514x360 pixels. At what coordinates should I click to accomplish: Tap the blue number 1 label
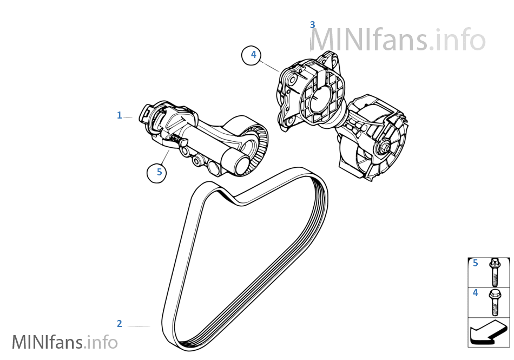pyautogui.click(x=120, y=115)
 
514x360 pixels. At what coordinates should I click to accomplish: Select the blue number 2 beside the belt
pyautogui.click(x=120, y=324)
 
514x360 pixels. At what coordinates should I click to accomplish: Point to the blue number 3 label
pyautogui.click(x=312, y=24)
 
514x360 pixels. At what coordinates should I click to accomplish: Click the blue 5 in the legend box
pyautogui.click(x=476, y=264)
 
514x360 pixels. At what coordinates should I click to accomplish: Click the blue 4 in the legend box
pyautogui.click(x=476, y=293)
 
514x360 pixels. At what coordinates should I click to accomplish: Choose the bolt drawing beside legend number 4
pyautogui.click(x=494, y=303)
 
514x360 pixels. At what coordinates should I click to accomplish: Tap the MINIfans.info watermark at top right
pyautogui.click(x=398, y=40)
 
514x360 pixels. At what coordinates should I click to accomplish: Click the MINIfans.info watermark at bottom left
pyautogui.click(x=64, y=342)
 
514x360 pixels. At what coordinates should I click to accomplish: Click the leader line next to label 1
pyautogui.click(x=128, y=117)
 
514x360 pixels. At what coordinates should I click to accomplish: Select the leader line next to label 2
pyautogui.click(x=139, y=326)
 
